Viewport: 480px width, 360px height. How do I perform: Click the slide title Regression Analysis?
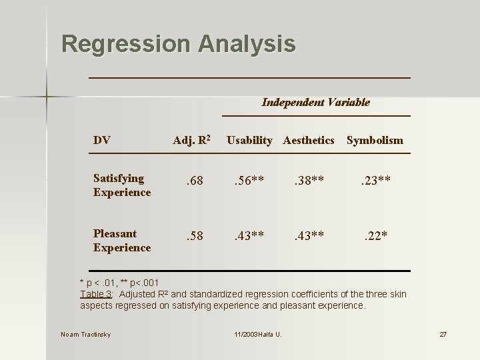click(178, 44)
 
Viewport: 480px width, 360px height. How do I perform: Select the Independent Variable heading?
click(315, 102)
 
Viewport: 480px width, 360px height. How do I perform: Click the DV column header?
click(102, 140)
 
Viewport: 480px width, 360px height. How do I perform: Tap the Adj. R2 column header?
click(192, 140)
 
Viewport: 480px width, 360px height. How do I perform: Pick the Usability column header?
click(249, 140)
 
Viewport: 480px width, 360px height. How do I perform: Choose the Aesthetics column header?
click(309, 140)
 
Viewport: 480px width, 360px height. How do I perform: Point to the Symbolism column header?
click(375, 140)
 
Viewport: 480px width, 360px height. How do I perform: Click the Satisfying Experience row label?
click(122, 185)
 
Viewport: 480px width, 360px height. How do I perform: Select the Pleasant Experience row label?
click(122, 241)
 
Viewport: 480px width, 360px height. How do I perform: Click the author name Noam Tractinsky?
click(85, 334)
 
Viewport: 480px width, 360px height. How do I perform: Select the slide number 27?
click(443, 334)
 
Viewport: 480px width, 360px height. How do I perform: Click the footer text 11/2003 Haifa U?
click(257, 334)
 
